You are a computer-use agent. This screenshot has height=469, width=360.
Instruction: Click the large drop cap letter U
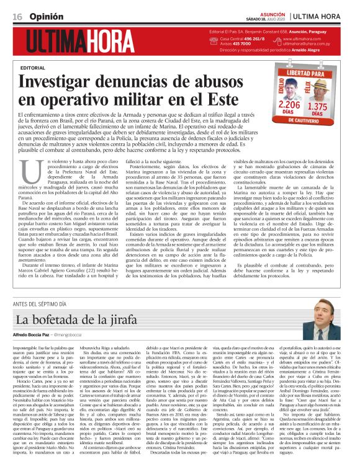(x=28, y=170)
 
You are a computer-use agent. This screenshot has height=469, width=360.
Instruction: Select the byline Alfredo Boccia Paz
(x=31, y=336)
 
